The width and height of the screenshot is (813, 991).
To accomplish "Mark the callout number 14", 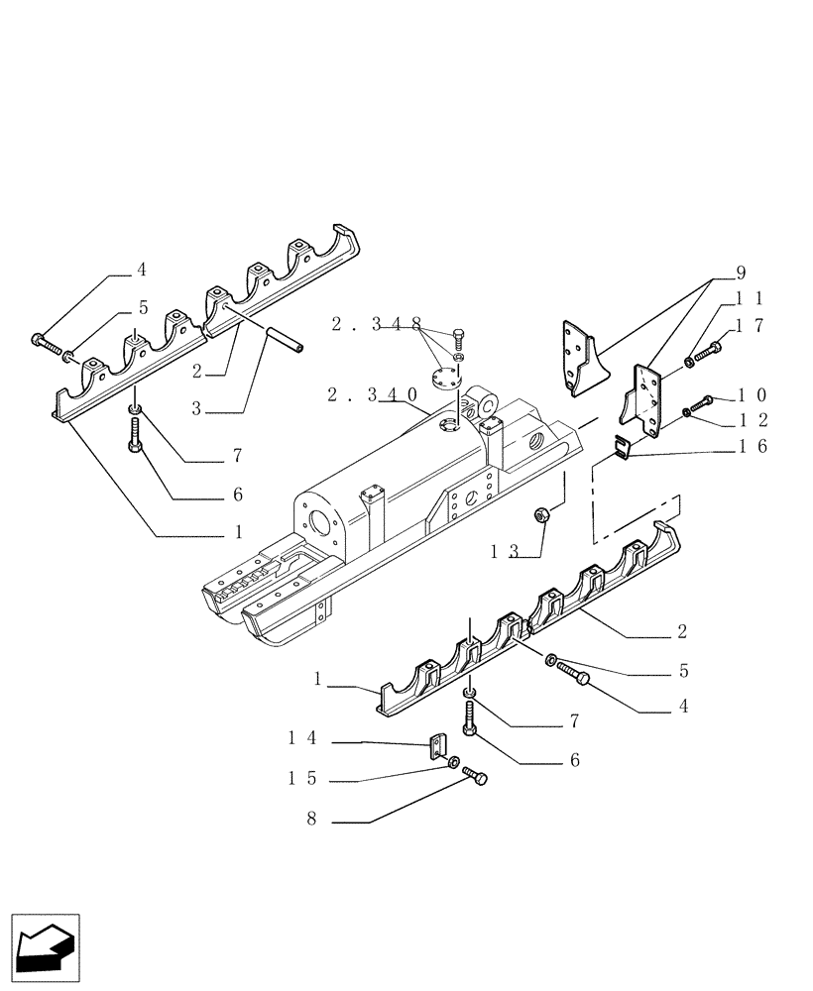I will tap(302, 737).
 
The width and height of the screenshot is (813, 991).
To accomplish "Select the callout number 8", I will tap(313, 820).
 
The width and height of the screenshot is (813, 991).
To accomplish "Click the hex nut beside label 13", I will tap(542, 513).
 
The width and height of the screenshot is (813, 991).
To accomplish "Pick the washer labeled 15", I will tap(453, 763).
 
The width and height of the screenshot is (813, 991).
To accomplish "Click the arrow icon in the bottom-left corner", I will tap(45, 944).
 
